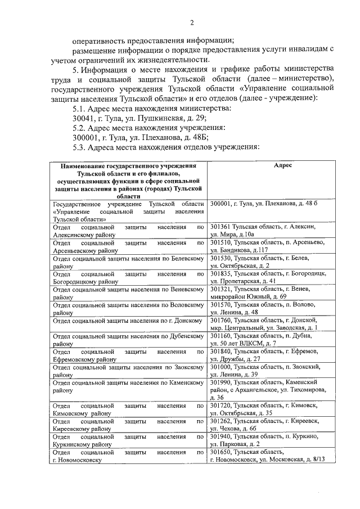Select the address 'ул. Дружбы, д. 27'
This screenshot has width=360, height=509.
(235, 359)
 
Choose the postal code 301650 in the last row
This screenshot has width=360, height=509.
(221, 452)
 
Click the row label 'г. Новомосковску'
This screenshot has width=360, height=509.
(76, 460)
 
